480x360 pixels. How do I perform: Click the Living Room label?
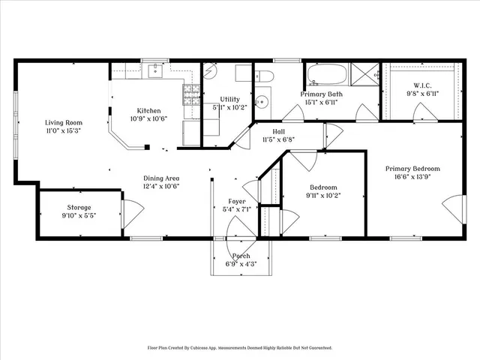pyautogui.click(x=63, y=122)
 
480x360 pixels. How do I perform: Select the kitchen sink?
pyautogui.click(x=157, y=71)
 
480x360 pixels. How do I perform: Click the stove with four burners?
pyautogui.click(x=190, y=94)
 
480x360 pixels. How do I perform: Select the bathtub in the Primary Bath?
pyautogui.click(x=326, y=75)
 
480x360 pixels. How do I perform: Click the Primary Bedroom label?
pyautogui.click(x=412, y=169)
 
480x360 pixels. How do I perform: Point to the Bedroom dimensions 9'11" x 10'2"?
pyautogui.click(x=323, y=196)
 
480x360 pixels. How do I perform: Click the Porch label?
pyautogui.click(x=241, y=256)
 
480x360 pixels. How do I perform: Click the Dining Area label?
pyautogui.click(x=161, y=178)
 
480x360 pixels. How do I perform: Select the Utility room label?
pyautogui.click(x=230, y=99)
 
